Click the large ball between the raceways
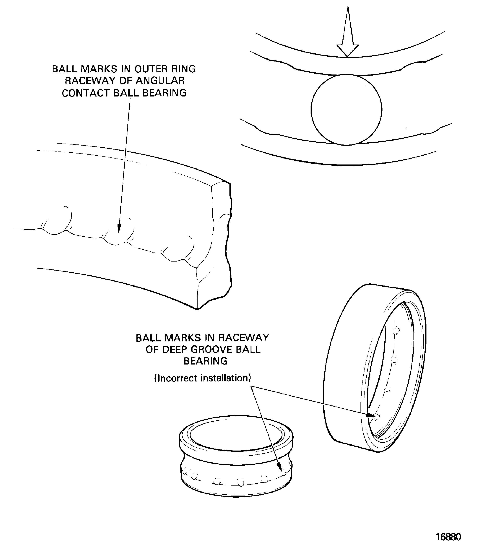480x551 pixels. [346, 110]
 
